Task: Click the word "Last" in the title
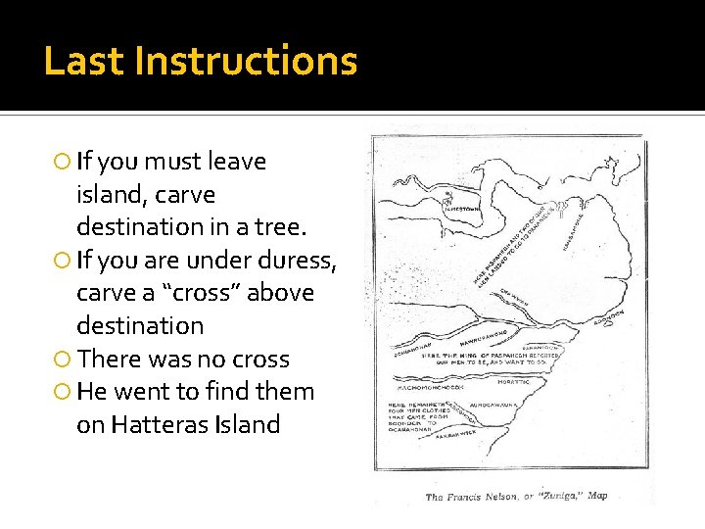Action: click(83, 61)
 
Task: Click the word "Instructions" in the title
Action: click(246, 61)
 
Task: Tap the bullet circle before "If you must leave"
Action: click(62, 162)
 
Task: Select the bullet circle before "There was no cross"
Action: click(62, 360)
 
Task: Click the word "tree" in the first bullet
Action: click(283, 226)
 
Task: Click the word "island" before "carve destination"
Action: click(110, 194)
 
